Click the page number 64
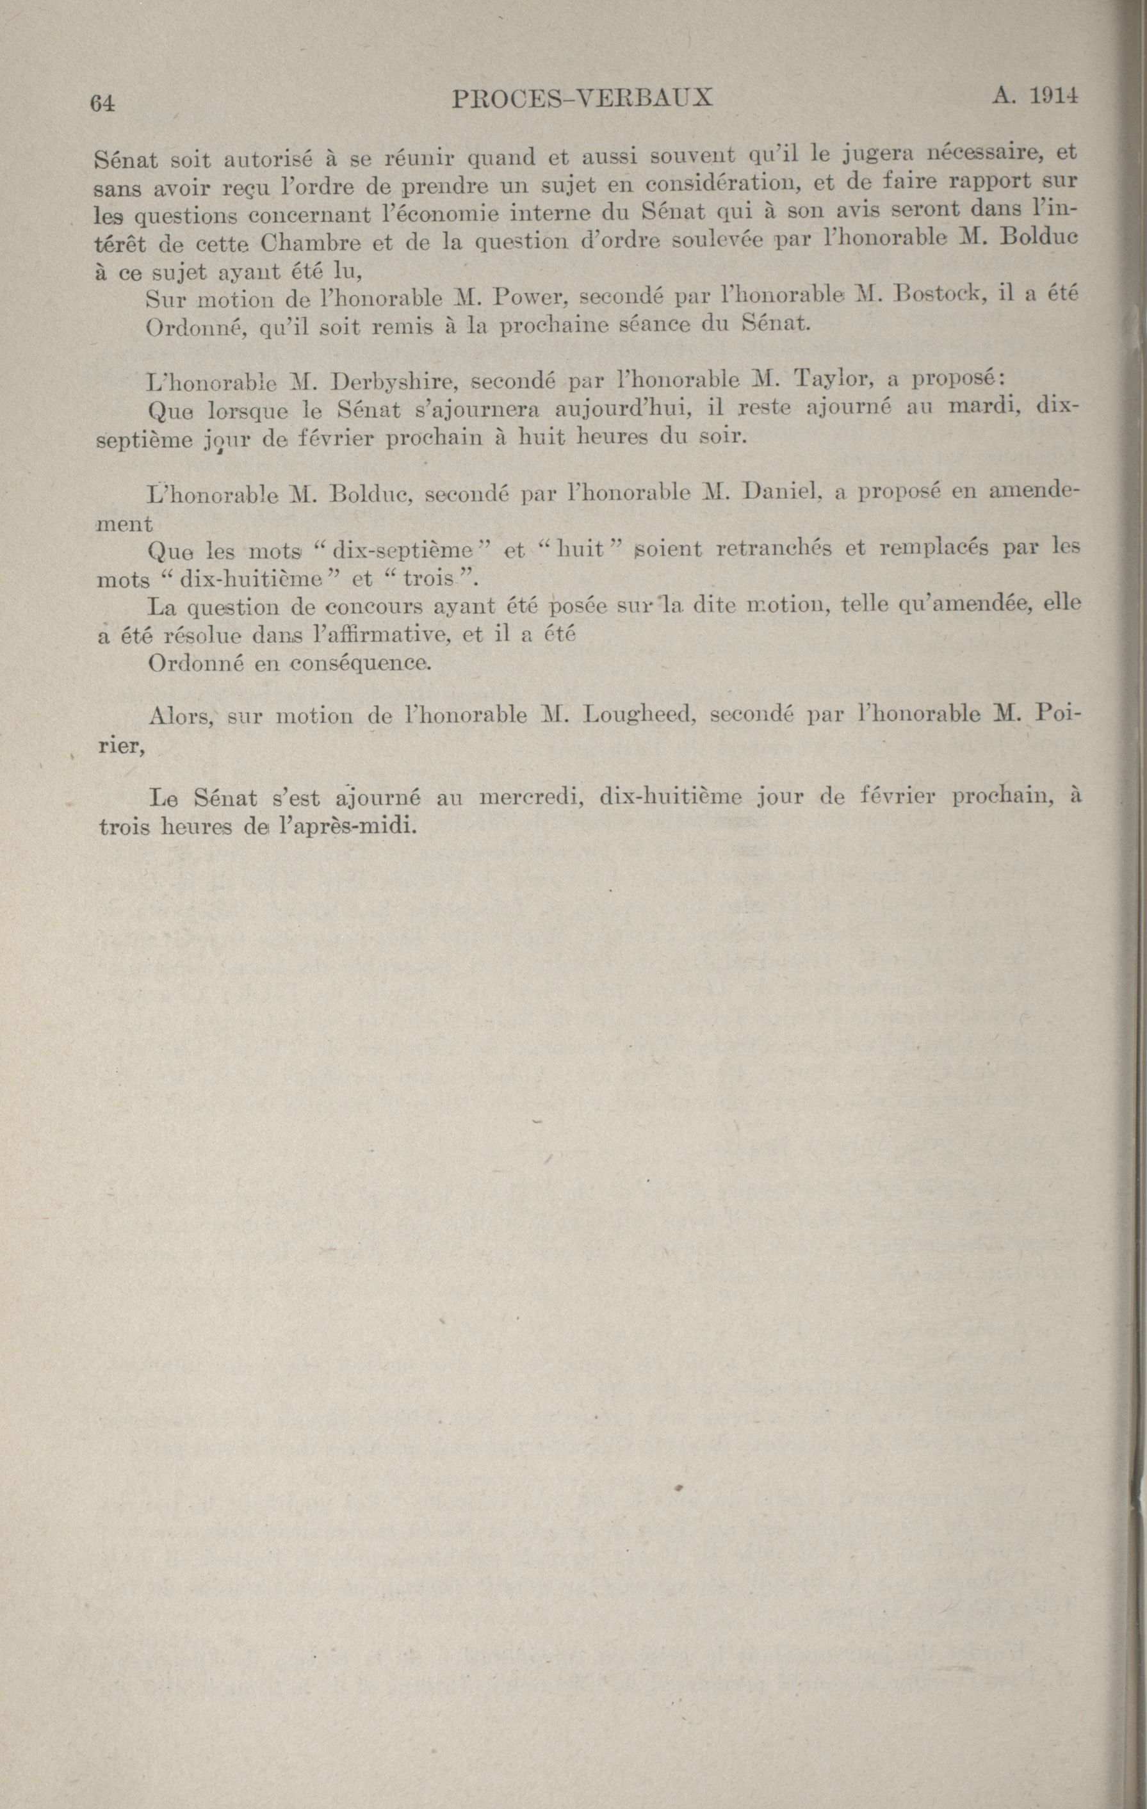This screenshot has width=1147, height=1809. [x=101, y=103]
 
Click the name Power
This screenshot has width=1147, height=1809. [x=529, y=298]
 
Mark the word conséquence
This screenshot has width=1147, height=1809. [x=361, y=663]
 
